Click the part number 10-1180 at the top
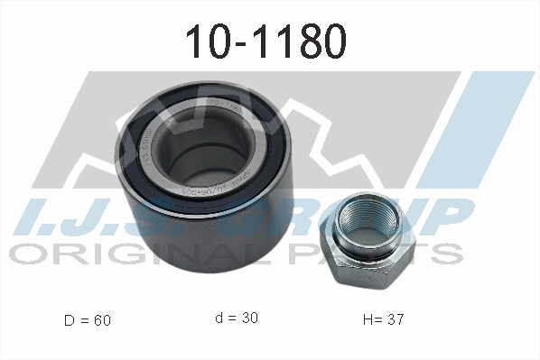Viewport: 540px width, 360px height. (x=265, y=41)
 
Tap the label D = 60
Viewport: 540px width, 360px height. (x=88, y=319)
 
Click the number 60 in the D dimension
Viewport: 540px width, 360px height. (x=102, y=319)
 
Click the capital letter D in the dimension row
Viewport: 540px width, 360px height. (x=70, y=319)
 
